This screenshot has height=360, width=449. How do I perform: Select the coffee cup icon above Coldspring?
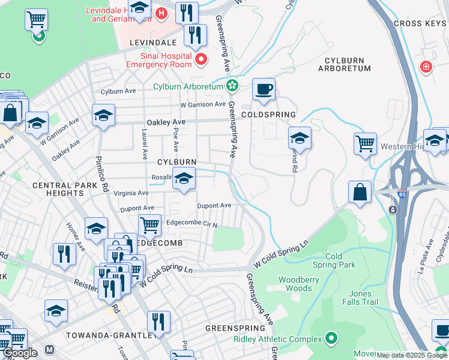264,90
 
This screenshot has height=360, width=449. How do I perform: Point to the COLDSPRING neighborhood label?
268,114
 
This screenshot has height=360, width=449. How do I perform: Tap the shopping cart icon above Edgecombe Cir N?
150,226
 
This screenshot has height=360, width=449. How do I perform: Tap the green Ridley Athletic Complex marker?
331,340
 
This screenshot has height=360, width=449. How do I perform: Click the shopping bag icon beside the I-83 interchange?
360,193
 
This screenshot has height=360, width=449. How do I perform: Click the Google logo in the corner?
20,352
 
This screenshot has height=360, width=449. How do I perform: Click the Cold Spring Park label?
340,260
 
